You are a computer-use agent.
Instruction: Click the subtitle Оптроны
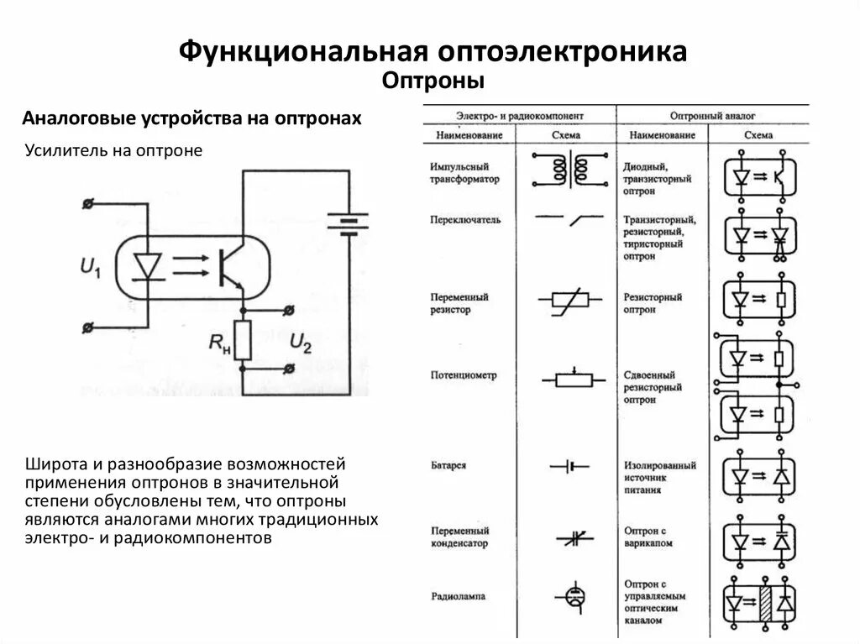(434, 81)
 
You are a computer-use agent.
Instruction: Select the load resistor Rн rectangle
(242, 339)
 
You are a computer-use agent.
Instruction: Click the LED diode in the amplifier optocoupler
(149, 267)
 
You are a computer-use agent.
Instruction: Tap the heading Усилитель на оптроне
(114, 151)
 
